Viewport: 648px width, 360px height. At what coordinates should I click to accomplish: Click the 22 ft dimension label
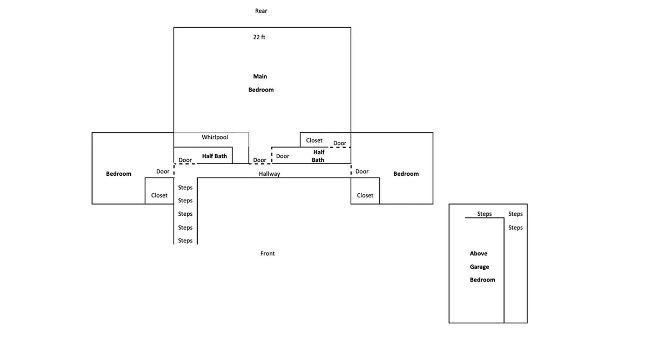pyautogui.click(x=259, y=37)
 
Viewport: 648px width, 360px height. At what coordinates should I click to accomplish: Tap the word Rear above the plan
pyautogui.click(x=261, y=11)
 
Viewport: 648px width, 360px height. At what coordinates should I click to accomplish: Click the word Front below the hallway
pyautogui.click(x=267, y=253)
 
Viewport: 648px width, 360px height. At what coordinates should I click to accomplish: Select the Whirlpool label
pyautogui.click(x=215, y=137)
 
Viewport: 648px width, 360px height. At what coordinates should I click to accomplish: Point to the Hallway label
pyautogui.click(x=269, y=174)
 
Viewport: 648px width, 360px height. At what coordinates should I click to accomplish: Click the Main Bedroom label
pyautogui.click(x=261, y=83)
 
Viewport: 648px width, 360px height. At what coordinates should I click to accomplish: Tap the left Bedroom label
pyautogui.click(x=118, y=174)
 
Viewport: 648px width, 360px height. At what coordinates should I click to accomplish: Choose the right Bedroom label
pyautogui.click(x=406, y=174)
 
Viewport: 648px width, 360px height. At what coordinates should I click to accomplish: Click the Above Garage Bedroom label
pyautogui.click(x=482, y=267)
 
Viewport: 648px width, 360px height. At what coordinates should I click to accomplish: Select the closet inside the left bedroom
pyautogui.click(x=159, y=195)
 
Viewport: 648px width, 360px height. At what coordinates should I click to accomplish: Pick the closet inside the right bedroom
pyautogui.click(x=365, y=195)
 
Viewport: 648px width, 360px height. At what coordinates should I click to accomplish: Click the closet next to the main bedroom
pyautogui.click(x=314, y=140)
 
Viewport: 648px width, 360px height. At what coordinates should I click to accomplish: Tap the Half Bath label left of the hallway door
pyautogui.click(x=214, y=156)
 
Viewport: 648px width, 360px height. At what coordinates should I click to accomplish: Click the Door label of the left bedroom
pyautogui.click(x=163, y=172)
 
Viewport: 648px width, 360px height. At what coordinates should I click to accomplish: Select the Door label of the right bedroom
pyautogui.click(x=362, y=172)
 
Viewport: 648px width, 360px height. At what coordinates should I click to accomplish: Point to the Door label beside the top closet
pyautogui.click(x=339, y=143)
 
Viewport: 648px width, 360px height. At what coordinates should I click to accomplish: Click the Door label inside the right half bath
pyautogui.click(x=283, y=156)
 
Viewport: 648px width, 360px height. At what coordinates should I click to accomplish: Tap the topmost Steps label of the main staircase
pyautogui.click(x=185, y=188)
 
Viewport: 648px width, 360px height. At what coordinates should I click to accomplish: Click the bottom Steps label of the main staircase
pyautogui.click(x=185, y=240)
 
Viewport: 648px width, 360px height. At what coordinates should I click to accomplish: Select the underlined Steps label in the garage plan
pyautogui.click(x=484, y=214)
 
